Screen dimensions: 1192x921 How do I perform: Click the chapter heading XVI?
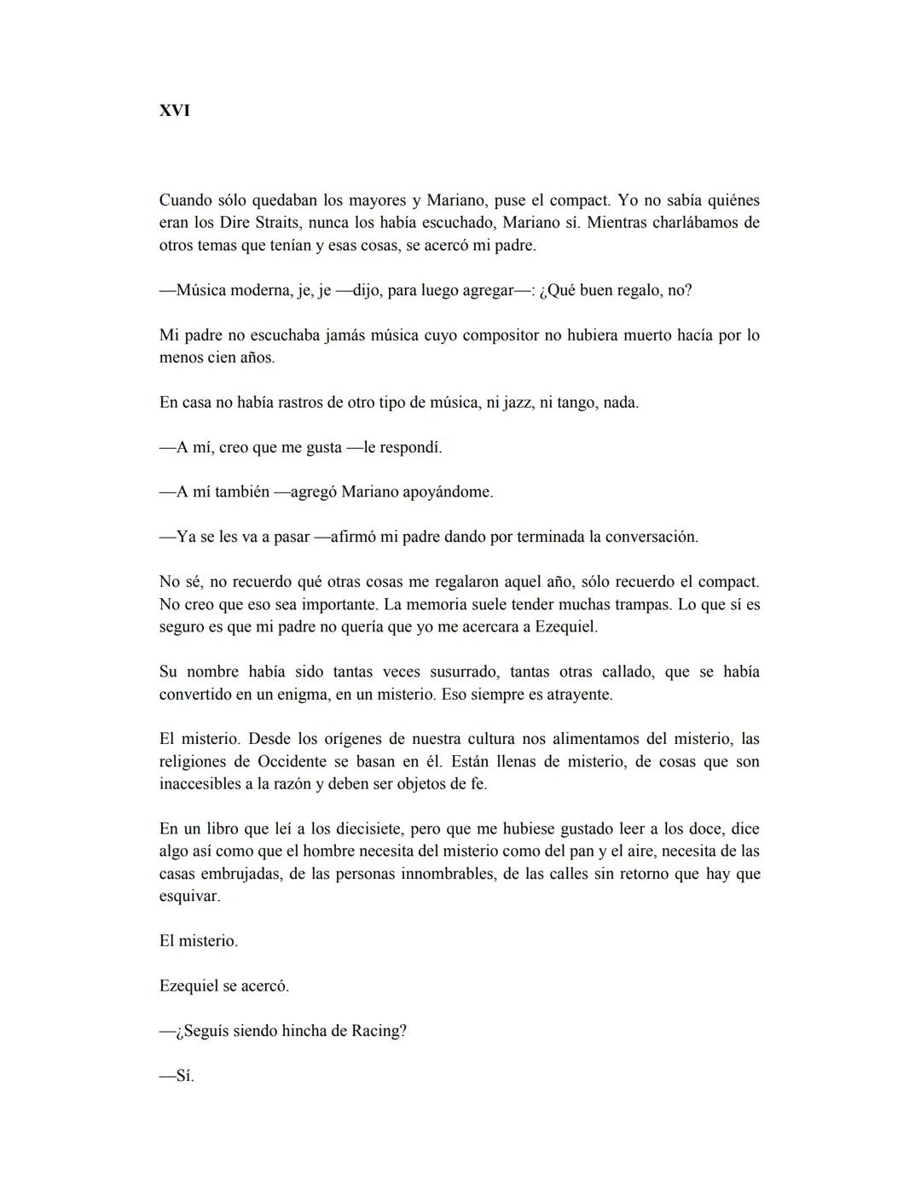click(175, 111)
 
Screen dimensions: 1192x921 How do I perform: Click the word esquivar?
click(189, 897)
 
